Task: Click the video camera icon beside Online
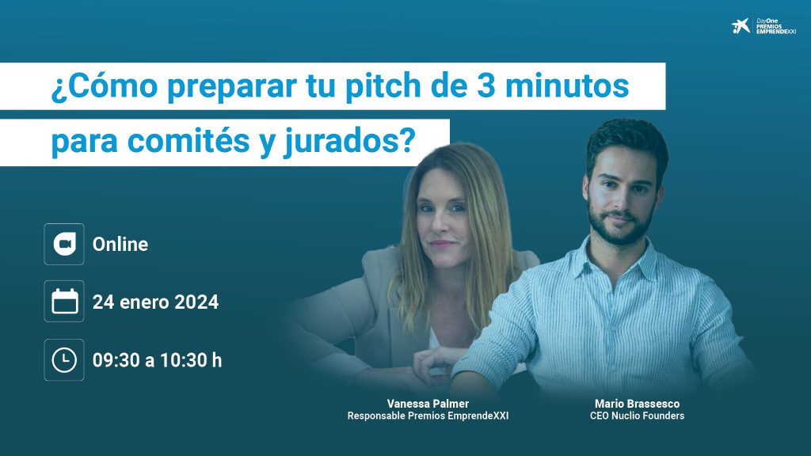click(64, 244)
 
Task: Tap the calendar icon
click(64, 302)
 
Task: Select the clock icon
click(64, 360)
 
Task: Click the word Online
click(120, 244)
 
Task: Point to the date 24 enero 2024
click(155, 302)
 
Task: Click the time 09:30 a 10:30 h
click(157, 360)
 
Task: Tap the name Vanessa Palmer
click(428, 404)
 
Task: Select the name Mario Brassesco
click(637, 404)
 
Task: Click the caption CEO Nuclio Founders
click(637, 416)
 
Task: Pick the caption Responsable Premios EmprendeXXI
click(428, 416)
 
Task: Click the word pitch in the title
click(383, 85)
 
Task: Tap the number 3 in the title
click(485, 85)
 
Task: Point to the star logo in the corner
click(741, 26)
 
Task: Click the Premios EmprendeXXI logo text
click(776, 26)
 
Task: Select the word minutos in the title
click(567, 85)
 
